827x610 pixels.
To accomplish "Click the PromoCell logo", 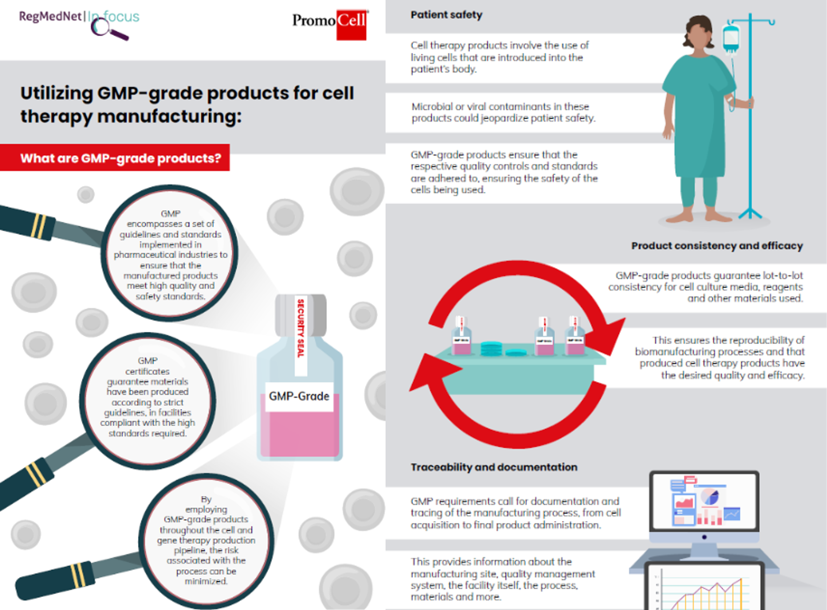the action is pos(330,24).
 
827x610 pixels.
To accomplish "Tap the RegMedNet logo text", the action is pos(50,16).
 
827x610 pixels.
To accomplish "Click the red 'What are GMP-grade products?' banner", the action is pos(115,158).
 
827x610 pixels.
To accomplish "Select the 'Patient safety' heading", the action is pos(446,15).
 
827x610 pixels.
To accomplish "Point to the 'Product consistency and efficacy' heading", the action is pos(717,246).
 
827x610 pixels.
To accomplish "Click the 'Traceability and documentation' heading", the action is pos(494,467).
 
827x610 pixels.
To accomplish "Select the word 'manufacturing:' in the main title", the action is pos(169,116).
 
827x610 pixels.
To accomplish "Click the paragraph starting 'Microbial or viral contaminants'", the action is pos(503,112).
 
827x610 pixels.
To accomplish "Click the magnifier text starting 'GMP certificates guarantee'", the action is pos(148,397).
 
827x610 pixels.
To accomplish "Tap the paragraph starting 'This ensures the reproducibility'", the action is pos(720,357).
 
